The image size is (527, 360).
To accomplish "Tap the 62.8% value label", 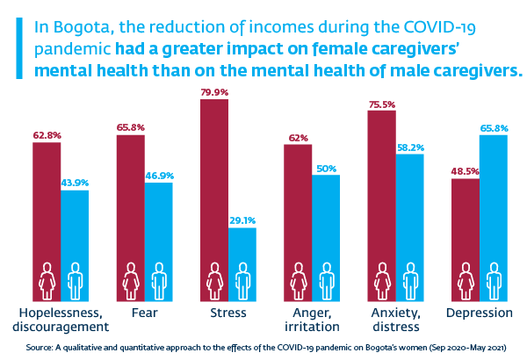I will coord(47,135).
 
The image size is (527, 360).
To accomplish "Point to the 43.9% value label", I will coord(75,183).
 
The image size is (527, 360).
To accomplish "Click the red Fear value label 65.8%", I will coord(130,128).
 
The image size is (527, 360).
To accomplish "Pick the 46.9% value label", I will coord(159,176).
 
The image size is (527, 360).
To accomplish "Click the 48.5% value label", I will coord(465,171).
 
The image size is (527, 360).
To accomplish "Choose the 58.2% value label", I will coord(410,147).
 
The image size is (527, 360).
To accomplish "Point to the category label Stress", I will coord(228,313).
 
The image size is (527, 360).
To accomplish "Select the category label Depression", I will coord(480,313).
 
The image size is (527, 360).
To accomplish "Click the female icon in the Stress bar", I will coord(214,281).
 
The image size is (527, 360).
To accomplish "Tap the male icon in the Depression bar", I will coord(494,281).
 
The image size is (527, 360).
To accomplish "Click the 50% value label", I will coord(326,168).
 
